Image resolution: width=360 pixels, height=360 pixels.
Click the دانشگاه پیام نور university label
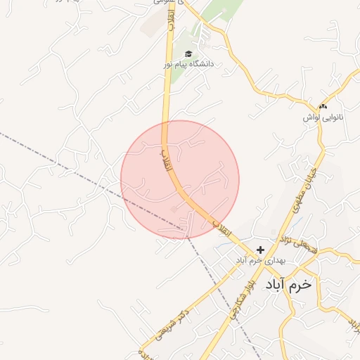[188, 64]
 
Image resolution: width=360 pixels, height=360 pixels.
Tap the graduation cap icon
[188, 53]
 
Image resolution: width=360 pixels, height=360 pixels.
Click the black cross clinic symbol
[260, 250]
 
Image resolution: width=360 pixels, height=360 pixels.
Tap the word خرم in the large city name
[304, 285]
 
